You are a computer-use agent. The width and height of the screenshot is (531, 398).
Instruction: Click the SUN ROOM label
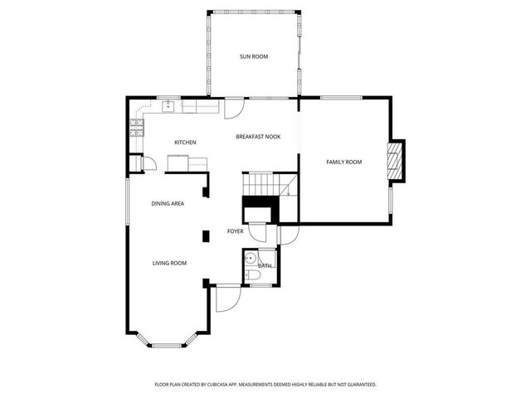click(254, 56)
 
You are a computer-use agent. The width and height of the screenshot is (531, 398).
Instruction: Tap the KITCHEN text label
click(185, 143)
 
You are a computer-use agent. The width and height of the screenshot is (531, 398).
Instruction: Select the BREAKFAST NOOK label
click(258, 136)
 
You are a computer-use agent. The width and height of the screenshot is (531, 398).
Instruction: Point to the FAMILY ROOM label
click(343, 162)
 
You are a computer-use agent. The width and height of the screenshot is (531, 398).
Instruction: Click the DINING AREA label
click(168, 203)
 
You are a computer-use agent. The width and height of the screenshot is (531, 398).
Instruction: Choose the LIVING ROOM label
click(169, 263)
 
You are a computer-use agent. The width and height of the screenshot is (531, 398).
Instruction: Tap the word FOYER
click(236, 231)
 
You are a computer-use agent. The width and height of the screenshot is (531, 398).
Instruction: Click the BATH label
click(265, 265)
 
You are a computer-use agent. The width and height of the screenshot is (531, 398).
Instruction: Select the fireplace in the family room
click(399, 161)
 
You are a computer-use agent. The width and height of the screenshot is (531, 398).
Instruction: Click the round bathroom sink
click(249, 260)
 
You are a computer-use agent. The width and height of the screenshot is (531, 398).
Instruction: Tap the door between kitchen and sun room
click(234, 108)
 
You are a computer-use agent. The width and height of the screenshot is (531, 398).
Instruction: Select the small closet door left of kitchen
click(149, 164)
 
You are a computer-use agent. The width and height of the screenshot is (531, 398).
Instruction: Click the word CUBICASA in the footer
click(241, 385)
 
